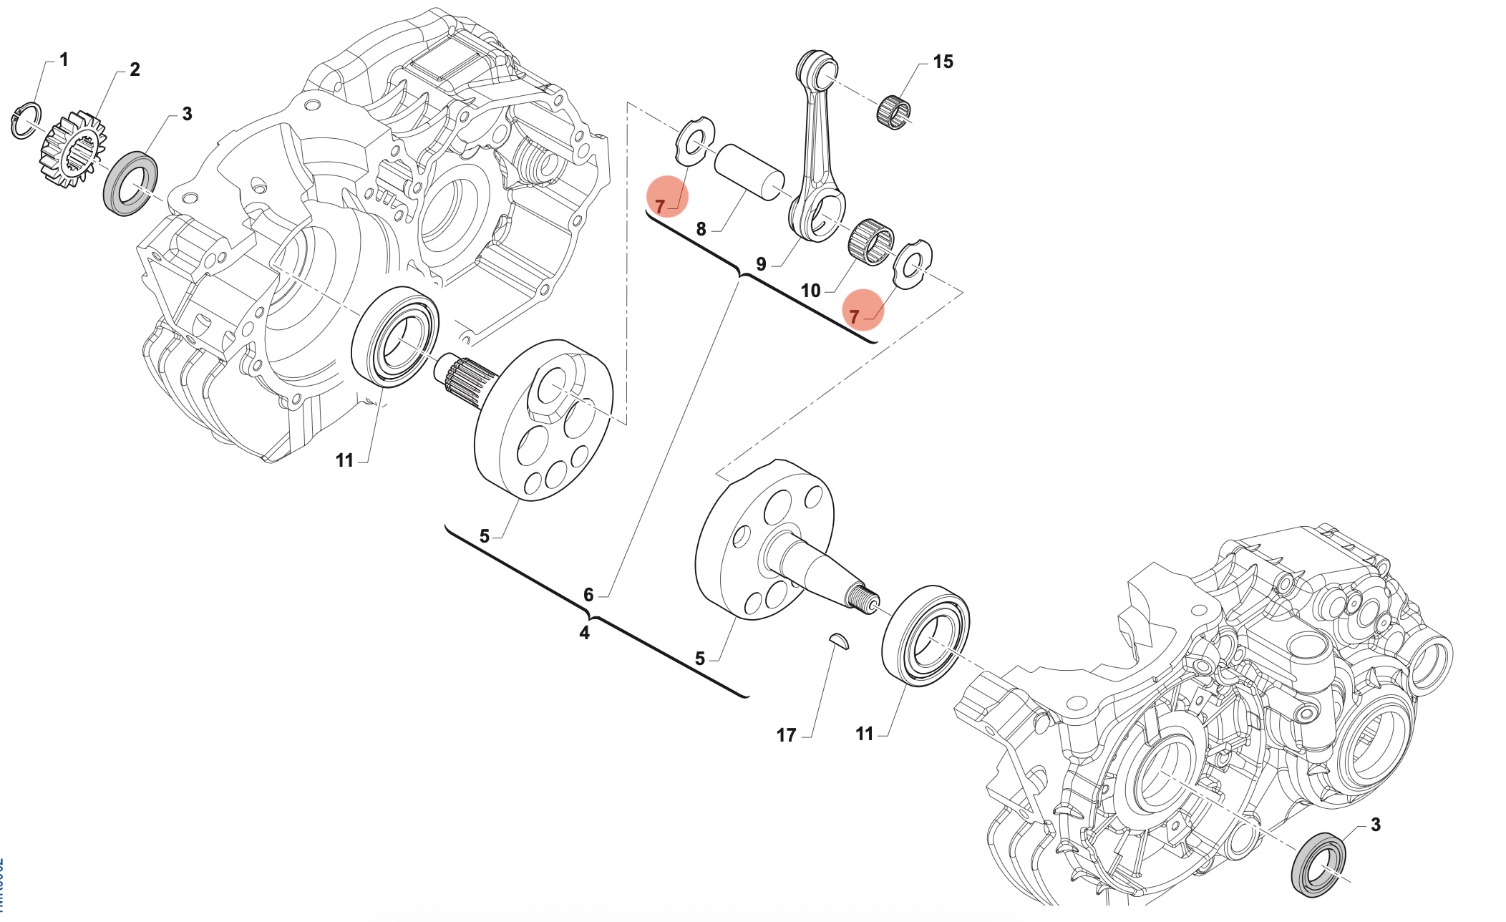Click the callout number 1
click(x=64, y=60)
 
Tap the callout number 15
click(x=943, y=62)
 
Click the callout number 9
click(x=761, y=265)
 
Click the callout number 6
click(x=588, y=595)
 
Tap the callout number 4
click(x=584, y=634)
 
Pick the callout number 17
click(x=786, y=735)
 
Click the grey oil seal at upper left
click(x=132, y=183)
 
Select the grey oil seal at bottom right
click(x=1318, y=864)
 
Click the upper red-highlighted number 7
click(x=660, y=207)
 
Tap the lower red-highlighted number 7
click(x=854, y=316)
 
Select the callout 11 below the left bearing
click(x=344, y=461)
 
